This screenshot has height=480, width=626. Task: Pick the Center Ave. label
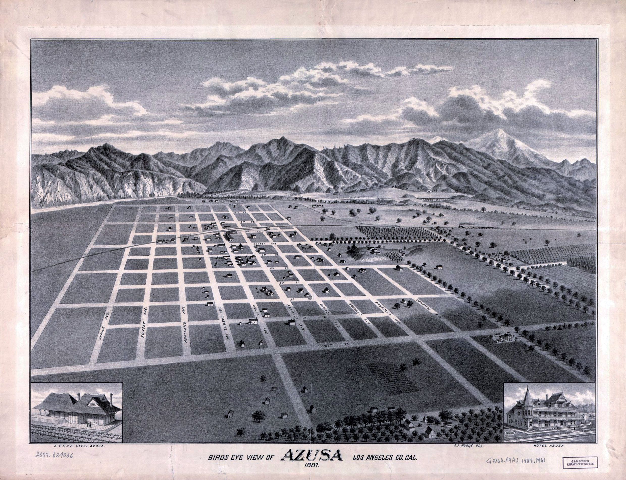click(x=262, y=244)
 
